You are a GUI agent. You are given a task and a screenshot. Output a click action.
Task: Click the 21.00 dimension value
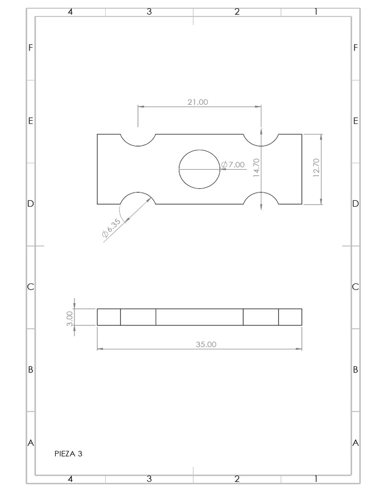click(x=197, y=102)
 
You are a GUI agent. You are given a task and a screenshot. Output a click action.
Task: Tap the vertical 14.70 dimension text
click(x=257, y=168)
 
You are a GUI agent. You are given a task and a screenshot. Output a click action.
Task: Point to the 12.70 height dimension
click(x=316, y=168)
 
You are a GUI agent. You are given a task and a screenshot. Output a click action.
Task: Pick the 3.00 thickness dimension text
click(x=70, y=318)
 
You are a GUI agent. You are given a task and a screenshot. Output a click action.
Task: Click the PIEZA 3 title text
click(x=68, y=453)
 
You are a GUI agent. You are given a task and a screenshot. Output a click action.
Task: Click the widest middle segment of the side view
click(x=199, y=317)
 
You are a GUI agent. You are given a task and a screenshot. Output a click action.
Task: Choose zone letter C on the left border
click(x=30, y=287)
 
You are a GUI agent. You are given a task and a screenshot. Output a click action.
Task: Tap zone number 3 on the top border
click(x=149, y=12)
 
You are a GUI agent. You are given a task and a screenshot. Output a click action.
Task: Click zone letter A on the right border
click(x=356, y=443)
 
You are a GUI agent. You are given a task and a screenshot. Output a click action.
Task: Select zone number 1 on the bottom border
click(x=316, y=479)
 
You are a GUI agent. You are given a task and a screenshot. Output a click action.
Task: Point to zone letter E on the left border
click(x=30, y=121)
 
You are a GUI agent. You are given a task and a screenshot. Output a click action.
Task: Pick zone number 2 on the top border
click(x=237, y=12)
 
